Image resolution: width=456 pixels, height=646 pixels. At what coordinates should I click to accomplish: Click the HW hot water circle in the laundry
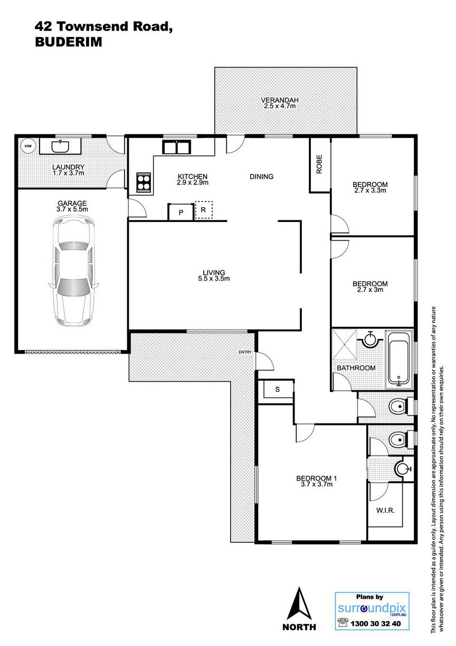[x=28, y=146]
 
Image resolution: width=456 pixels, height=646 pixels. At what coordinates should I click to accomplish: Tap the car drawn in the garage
[x=73, y=272]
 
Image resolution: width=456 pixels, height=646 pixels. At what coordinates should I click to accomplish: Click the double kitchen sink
[x=176, y=147]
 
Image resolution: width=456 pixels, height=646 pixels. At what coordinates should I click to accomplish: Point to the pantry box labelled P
[x=180, y=212]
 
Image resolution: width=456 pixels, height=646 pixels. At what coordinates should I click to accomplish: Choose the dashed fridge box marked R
[x=204, y=210]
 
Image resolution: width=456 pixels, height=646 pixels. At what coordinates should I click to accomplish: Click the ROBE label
[x=319, y=164]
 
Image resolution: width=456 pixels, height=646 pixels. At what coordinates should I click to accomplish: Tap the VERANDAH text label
[x=280, y=100]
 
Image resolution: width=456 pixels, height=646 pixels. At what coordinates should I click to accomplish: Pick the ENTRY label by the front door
[x=245, y=352]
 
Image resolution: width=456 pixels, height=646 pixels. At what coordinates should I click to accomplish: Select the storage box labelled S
[x=277, y=389]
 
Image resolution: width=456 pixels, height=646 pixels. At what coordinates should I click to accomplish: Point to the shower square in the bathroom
[x=344, y=344]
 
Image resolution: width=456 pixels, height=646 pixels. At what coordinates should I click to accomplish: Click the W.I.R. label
[x=385, y=511]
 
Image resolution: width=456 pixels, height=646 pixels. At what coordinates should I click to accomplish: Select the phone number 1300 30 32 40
[x=376, y=622]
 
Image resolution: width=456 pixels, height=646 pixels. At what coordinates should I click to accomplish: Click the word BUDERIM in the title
[x=69, y=42]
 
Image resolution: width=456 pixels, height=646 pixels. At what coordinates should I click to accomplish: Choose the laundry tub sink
[x=60, y=146]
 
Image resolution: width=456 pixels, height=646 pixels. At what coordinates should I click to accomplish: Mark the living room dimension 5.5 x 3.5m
[x=214, y=279]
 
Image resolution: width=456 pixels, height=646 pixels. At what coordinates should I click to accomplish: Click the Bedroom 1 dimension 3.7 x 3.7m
[x=317, y=484]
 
